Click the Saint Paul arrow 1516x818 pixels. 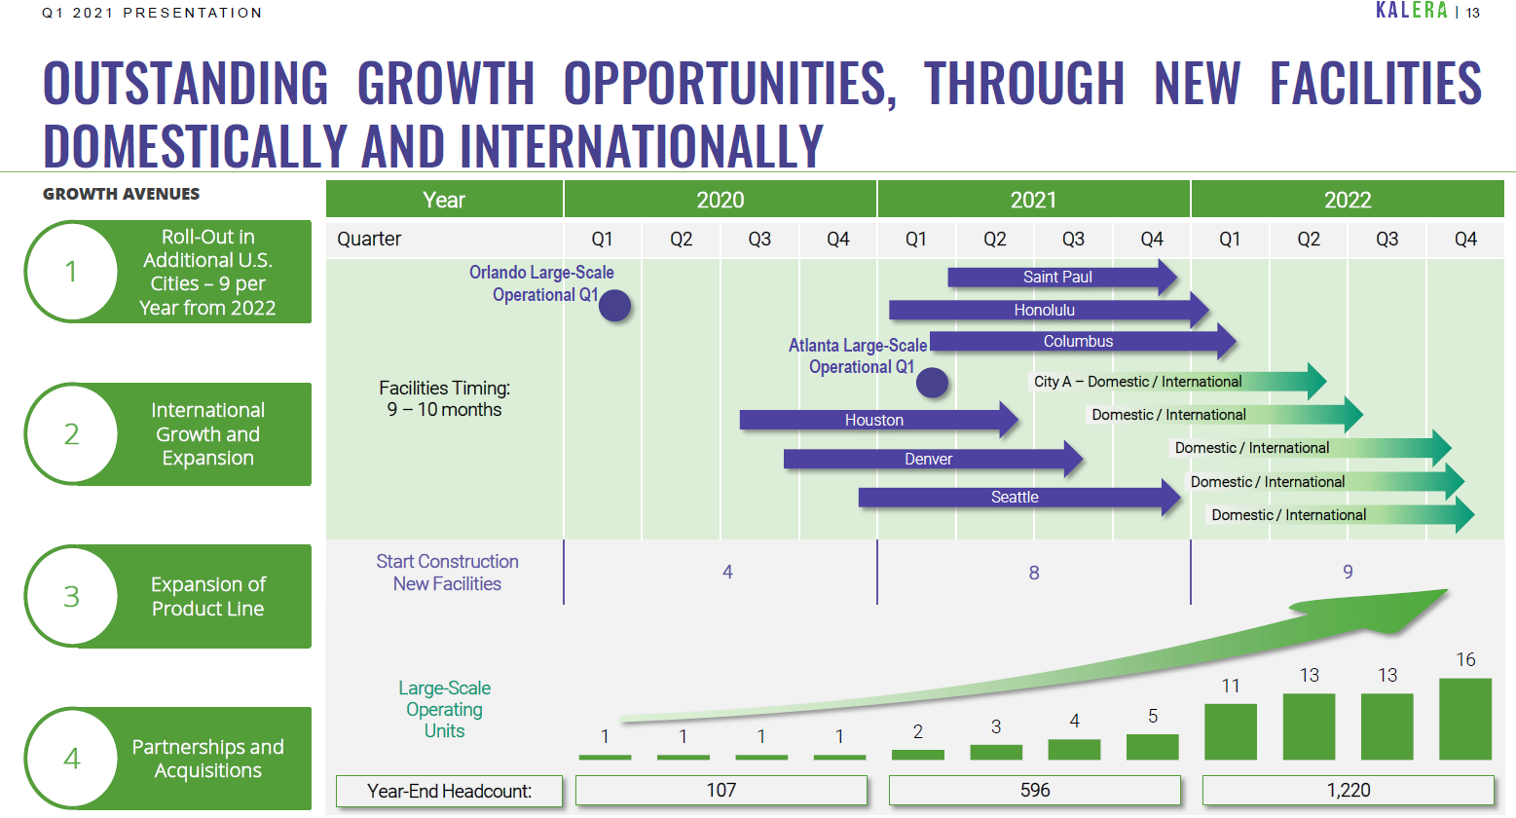click(x=1062, y=277)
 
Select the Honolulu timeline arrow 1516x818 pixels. click(x=1049, y=310)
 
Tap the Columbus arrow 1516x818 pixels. click(x=1083, y=341)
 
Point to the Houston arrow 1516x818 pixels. click(x=879, y=420)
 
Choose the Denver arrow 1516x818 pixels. click(x=934, y=459)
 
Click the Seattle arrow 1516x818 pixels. click(x=1019, y=498)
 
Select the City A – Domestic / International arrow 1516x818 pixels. click(x=1177, y=381)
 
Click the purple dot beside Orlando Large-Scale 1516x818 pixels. click(x=614, y=306)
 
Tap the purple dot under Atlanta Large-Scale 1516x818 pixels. click(x=932, y=383)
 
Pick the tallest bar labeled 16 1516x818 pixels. click(x=1465, y=719)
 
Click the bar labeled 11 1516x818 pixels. click(x=1231, y=731)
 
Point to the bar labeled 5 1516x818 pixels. click(x=1153, y=746)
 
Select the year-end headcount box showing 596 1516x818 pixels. click(x=1035, y=790)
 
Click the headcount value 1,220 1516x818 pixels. click(x=1349, y=790)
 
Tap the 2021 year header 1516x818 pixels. click(x=1033, y=199)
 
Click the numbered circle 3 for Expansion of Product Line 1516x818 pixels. click(x=71, y=596)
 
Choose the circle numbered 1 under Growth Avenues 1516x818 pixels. click(x=71, y=272)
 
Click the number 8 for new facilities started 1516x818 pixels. click(x=1033, y=573)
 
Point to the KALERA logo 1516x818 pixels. click(x=1411, y=11)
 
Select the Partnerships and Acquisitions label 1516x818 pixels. click(x=207, y=759)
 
